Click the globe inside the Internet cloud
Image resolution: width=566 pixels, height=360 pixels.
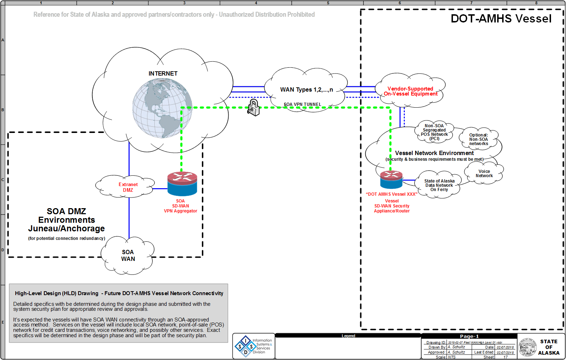point(162,108)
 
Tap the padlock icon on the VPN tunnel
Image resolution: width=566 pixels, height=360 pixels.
point(254,107)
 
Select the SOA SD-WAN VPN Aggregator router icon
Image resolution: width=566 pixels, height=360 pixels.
point(182,184)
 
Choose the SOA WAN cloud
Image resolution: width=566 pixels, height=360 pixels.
point(128,256)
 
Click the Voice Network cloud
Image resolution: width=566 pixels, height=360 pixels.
point(484,174)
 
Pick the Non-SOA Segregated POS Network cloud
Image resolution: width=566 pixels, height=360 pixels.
point(434,132)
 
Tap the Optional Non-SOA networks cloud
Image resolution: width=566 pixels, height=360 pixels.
point(479,139)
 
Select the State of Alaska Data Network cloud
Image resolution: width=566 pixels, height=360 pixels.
point(439,185)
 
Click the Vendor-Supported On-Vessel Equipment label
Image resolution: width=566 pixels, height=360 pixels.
point(411,91)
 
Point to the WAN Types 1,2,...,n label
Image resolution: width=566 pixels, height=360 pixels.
point(306,89)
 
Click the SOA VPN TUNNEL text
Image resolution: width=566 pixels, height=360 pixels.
point(302,104)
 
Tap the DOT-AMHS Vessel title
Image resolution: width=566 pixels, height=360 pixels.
point(501,19)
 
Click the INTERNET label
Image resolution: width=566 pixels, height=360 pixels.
point(163,73)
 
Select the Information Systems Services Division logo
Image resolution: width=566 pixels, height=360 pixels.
point(254,346)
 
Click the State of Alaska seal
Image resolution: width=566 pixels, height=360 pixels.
point(527,347)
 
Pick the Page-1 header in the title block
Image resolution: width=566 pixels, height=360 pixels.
point(469,336)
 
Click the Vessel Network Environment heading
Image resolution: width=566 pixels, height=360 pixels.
point(434,153)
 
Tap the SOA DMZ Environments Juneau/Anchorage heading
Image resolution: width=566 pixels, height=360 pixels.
point(67,220)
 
